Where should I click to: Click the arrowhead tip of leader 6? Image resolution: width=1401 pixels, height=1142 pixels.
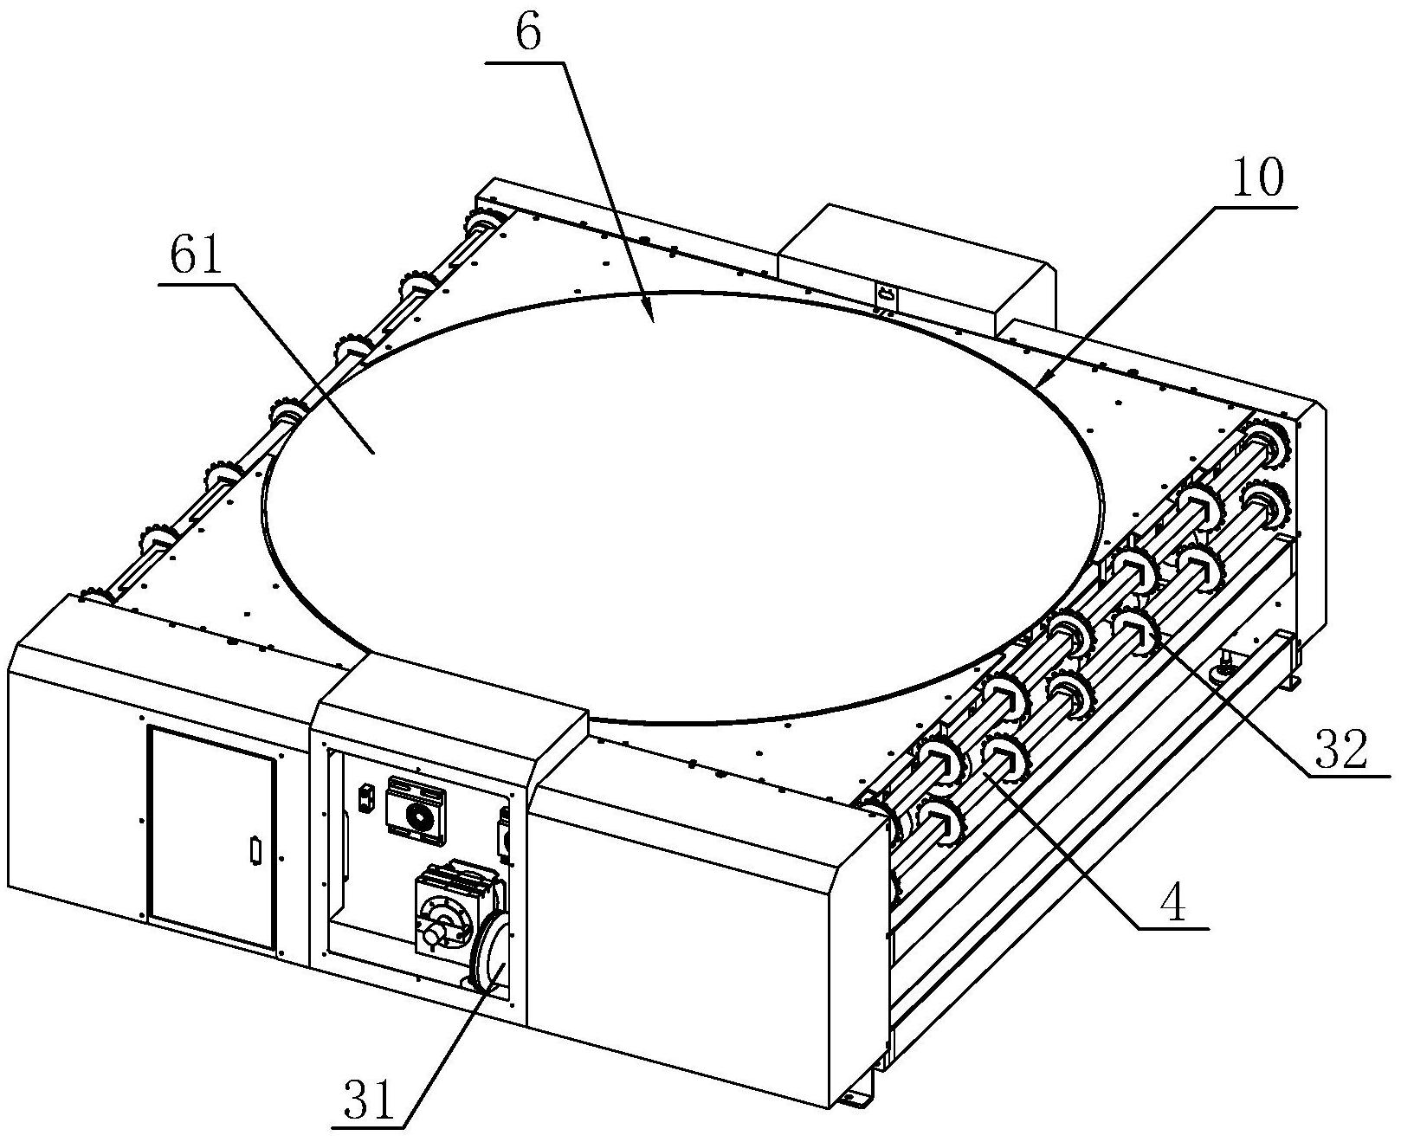(652, 320)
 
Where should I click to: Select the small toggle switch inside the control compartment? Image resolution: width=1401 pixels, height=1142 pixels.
(365, 797)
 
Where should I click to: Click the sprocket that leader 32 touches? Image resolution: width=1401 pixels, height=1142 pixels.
(1137, 625)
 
